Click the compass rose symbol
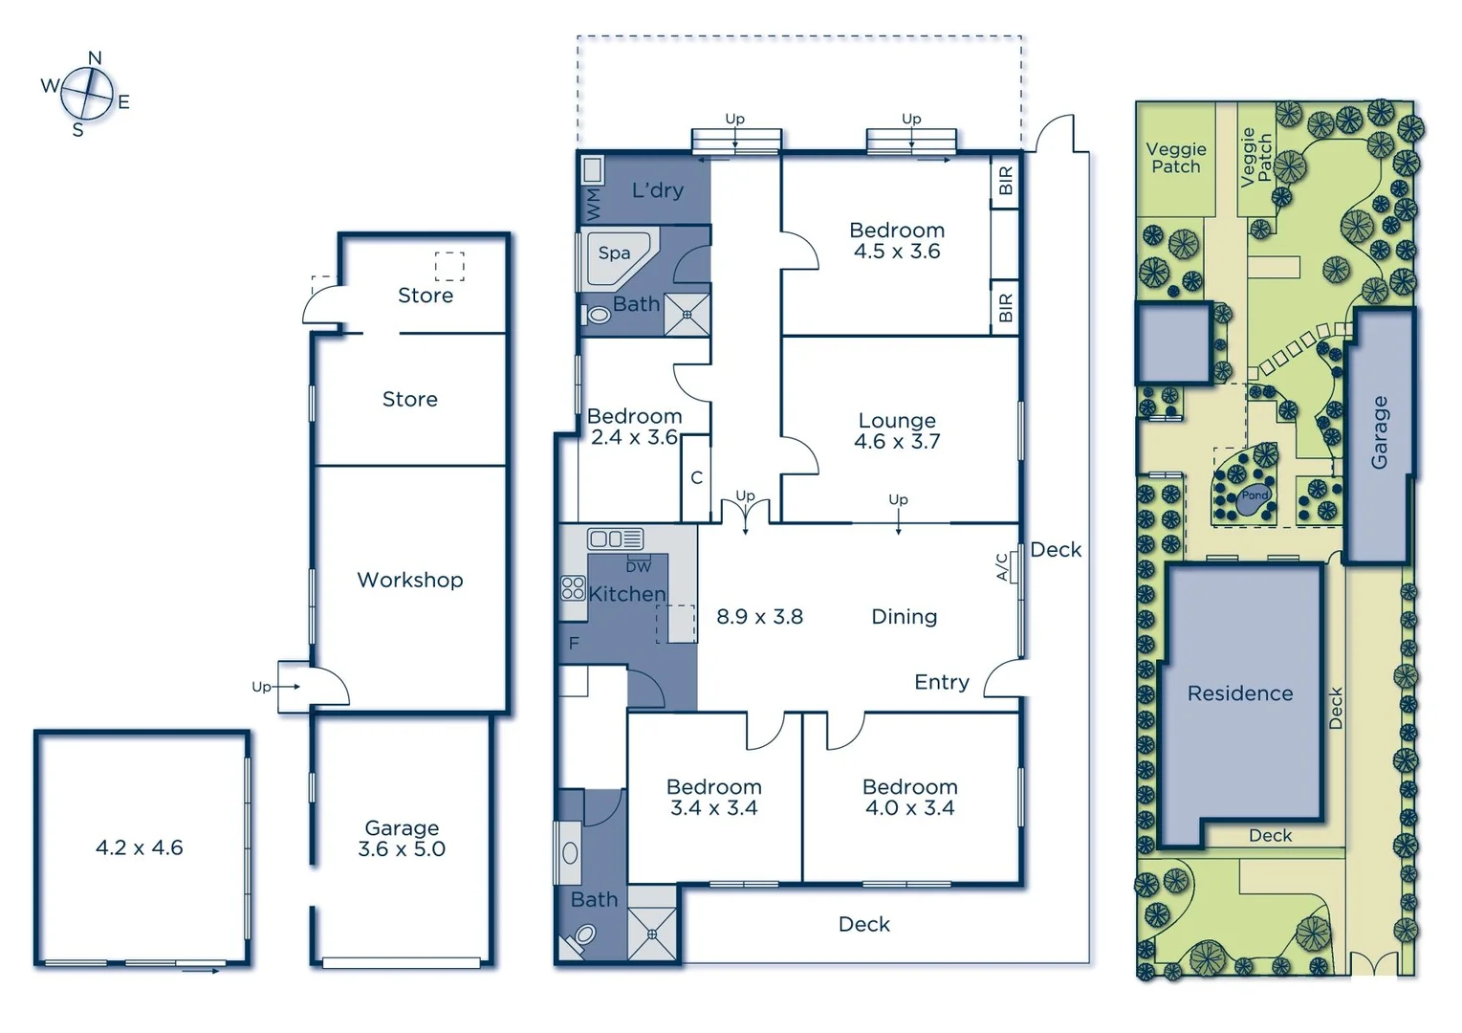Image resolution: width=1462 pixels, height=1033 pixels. pos(87,94)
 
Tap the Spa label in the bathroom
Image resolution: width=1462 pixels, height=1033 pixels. pos(614,253)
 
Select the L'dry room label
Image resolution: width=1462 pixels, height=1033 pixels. pos(658,190)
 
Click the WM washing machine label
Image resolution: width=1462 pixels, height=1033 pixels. pos(594,204)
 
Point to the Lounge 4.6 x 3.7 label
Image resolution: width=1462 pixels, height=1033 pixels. pos(897,431)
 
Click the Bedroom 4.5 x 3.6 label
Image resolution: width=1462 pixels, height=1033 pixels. pos(897,241)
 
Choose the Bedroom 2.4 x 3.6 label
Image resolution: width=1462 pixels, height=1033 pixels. pos(635,427)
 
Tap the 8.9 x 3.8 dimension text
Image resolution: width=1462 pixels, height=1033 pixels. pos(759,617)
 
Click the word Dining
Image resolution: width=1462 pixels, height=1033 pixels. pos(904,617)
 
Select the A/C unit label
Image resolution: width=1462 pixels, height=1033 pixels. pos(1002,567)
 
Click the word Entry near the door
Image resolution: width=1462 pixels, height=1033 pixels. pos(941,682)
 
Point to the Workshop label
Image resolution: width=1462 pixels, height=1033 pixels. pos(409,580)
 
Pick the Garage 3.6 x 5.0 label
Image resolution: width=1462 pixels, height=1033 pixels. pos(402,839)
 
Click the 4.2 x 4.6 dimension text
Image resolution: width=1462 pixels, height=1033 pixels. pos(140,847)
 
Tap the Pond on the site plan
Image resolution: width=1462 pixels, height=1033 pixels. pos(1255,495)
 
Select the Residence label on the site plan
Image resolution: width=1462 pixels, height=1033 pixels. pos(1239,693)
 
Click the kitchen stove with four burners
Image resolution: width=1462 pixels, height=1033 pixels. pos(573,587)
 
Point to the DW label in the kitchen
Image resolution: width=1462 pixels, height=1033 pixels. pos(638,567)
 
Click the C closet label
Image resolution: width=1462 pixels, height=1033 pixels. pos(696,477)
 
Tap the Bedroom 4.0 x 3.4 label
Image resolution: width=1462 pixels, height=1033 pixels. pos(909,798)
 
